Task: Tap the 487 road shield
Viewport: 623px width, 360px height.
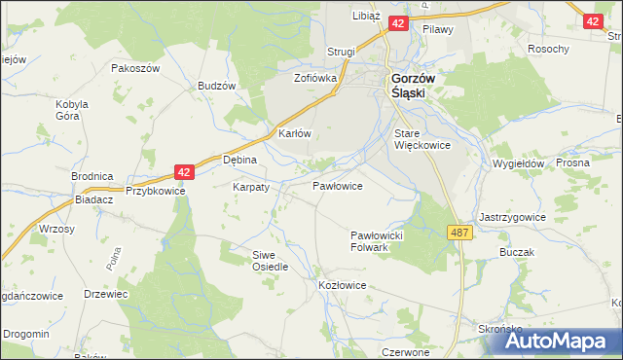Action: [x=460, y=232]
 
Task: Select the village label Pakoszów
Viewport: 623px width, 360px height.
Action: [x=134, y=69]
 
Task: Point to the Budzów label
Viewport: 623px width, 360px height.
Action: [x=217, y=86]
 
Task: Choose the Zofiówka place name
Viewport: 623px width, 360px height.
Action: [x=315, y=77]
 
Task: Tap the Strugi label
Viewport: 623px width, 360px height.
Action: [x=341, y=52]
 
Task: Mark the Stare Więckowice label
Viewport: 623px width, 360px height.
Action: [x=421, y=138]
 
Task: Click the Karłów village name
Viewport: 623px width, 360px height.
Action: [x=294, y=133]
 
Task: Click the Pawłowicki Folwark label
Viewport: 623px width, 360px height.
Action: [x=383, y=241]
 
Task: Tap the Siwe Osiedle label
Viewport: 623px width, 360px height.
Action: [x=270, y=260]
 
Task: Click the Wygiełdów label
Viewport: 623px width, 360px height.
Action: [x=518, y=164]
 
